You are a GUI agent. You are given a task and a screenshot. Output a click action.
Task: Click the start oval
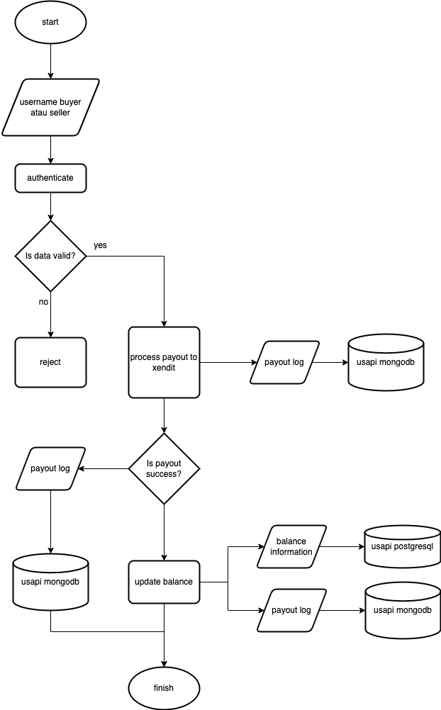[x=50, y=22]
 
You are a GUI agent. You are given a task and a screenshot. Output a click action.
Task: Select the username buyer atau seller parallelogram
[x=50, y=107]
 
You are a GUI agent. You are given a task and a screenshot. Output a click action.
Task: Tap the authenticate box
[x=50, y=178]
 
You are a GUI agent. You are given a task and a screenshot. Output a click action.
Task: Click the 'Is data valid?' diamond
[x=50, y=256]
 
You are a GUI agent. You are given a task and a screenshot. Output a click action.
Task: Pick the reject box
[x=50, y=362]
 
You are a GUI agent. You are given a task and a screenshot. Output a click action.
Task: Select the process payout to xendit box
[x=164, y=362]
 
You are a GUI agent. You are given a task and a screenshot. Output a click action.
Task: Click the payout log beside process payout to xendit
[x=284, y=362]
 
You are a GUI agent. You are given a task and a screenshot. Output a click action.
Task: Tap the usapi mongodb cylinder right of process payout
[x=386, y=362]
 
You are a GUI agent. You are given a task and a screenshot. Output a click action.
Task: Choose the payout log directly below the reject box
[x=50, y=468]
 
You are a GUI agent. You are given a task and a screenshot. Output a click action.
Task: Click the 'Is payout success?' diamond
[x=164, y=468]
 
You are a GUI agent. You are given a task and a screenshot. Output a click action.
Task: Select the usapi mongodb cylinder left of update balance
[x=50, y=582]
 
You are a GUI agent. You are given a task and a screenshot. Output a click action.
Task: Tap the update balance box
[x=164, y=582]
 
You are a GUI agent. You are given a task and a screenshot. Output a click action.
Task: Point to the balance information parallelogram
[x=291, y=546]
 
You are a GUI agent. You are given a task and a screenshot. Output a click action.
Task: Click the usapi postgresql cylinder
[x=402, y=546]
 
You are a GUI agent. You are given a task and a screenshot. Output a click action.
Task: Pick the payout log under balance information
[x=291, y=610]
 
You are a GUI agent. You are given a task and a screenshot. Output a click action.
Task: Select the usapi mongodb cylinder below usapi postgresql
[x=402, y=610]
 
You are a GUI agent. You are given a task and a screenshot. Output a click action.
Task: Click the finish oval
[x=164, y=688]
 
